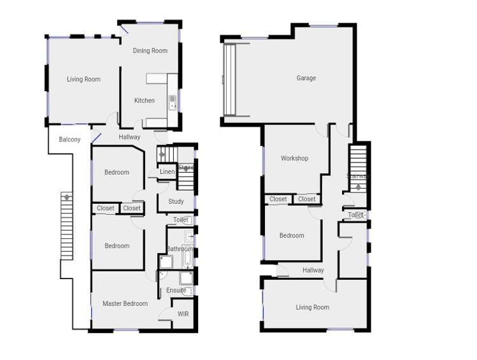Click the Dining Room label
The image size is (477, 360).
pos(150,51)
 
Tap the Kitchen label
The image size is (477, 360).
pos(144,101)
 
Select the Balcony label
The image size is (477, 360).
pos(69,140)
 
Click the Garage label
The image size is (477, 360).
pos(306,78)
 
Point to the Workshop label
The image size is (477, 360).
pos(294,159)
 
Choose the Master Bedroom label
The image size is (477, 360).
pos(125,304)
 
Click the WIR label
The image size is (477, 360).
pos(183,314)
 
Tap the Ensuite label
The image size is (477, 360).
pos(176,291)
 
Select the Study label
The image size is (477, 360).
pos(176,202)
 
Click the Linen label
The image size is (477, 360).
pos(167,172)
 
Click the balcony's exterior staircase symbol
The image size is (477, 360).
pos(66,226)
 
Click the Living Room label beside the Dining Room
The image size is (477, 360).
pos(83,80)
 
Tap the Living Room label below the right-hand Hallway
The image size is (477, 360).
pos(312,307)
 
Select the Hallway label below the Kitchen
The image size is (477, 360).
pos(129,137)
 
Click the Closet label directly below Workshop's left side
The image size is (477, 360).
pos(278,199)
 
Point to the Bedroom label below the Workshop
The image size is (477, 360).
pos(292,236)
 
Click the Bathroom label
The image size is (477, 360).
pos(180,249)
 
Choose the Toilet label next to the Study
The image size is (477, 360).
pos(180,220)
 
